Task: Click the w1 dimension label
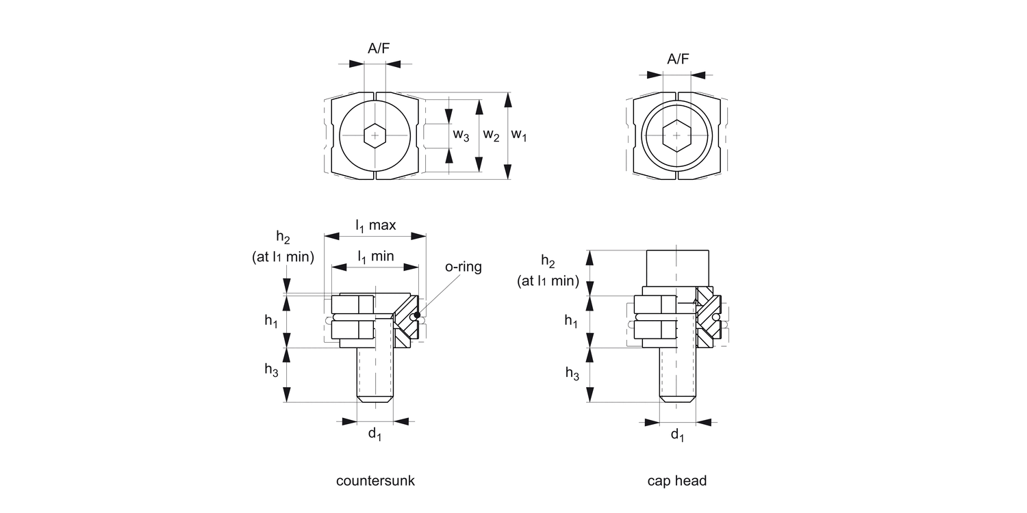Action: (519, 135)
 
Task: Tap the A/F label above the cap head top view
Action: (678, 59)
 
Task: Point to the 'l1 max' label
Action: (375, 224)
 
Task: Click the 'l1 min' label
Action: (375, 256)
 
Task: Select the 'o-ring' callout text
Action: (464, 267)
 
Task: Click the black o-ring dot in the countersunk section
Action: (417, 315)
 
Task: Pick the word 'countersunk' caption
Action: (375, 481)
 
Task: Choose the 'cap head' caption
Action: (677, 481)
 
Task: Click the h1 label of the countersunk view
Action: (270, 321)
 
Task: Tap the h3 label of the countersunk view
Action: (270, 369)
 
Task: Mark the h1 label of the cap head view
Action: (571, 321)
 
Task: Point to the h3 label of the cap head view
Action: (572, 373)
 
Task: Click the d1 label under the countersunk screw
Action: (375, 434)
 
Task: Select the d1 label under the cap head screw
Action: (677, 434)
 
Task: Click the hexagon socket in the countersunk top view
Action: (375, 135)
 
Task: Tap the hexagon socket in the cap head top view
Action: (677, 135)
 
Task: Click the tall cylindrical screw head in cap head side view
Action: (677, 267)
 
